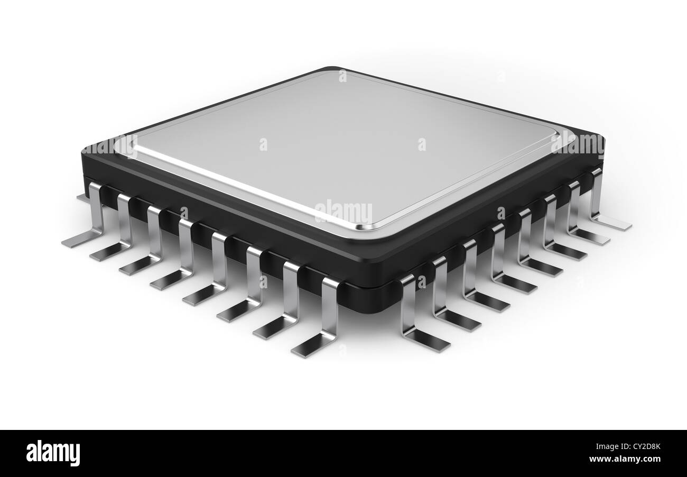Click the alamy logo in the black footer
tap(53, 453)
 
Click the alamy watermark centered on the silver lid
tap(343, 212)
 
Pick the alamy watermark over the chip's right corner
tap(577, 143)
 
